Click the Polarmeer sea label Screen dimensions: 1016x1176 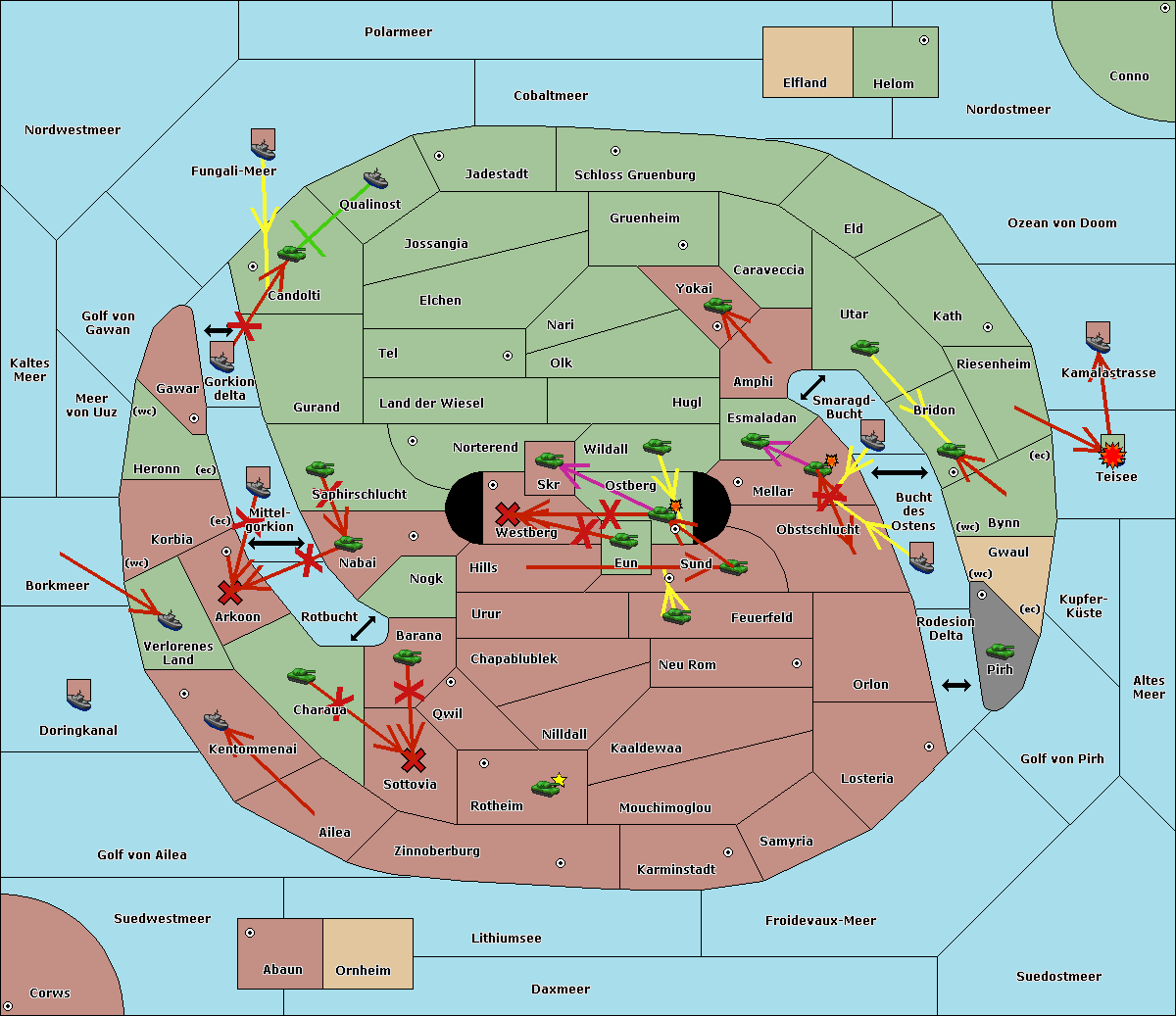coord(398,32)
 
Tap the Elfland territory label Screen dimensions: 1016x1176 coord(805,83)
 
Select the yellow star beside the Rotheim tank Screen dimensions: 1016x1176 coord(560,780)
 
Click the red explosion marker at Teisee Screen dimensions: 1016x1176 coord(1111,455)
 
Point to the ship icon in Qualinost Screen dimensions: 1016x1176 coord(375,179)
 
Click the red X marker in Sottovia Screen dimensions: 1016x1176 coord(414,759)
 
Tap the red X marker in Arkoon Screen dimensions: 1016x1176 coord(230,592)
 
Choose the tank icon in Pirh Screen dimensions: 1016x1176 coord(1000,652)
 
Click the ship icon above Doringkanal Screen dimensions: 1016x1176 coord(78,695)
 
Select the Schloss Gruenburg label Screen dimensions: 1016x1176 coord(634,175)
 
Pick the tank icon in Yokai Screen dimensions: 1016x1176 coord(717,307)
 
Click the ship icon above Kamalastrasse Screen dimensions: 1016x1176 coord(1099,338)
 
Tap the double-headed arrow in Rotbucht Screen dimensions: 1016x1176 coord(363,628)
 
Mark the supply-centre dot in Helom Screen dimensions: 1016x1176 coord(923,40)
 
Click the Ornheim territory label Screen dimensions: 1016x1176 coord(363,971)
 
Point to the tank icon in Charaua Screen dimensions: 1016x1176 coord(301,676)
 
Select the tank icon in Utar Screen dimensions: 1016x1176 coord(864,348)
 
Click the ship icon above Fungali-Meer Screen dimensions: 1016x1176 coord(263,145)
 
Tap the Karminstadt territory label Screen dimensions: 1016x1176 coord(675,870)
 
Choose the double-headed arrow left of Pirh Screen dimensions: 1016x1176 coord(955,685)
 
